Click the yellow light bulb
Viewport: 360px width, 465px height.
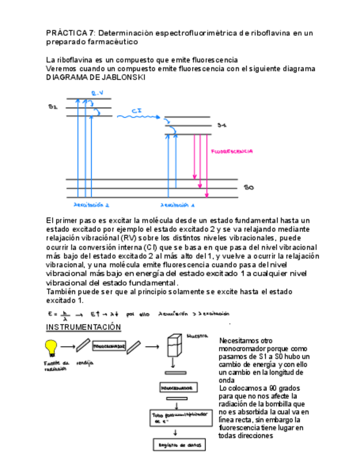click(x=51, y=347)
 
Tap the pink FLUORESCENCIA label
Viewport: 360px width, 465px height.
click(x=232, y=150)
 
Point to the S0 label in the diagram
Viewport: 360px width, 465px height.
click(x=249, y=188)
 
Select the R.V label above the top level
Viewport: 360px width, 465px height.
click(x=97, y=93)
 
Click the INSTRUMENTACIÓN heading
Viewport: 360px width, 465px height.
click(x=83, y=327)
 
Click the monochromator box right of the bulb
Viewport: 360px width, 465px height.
click(x=109, y=347)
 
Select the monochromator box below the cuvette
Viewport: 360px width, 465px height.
click(x=177, y=387)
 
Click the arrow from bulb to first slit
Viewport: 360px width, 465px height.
click(x=68, y=347)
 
